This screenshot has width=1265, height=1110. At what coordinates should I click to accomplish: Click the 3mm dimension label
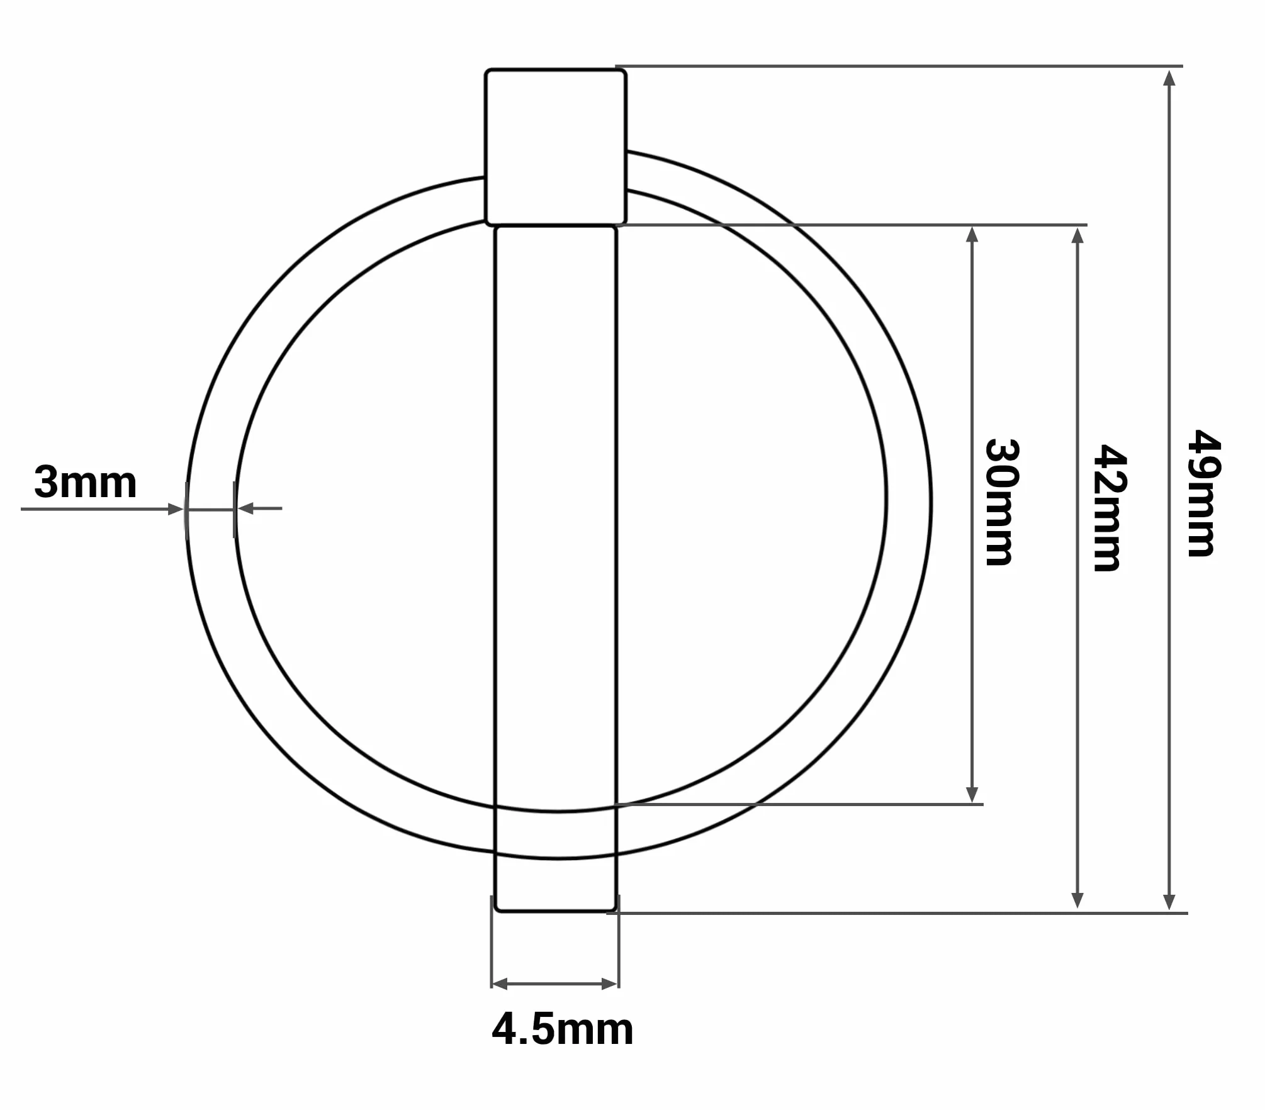(x=86, y=482)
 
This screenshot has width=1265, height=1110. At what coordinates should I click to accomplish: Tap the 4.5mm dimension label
(x=563, y=1029)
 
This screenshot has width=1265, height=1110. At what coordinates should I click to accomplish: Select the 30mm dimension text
(x=1002, y=502)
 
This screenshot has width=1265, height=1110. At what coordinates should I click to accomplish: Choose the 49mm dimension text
(x=1203, y=493)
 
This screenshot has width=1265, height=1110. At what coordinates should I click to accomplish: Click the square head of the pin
(x=556, y=147)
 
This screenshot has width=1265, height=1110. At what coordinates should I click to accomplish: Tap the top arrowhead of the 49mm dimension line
(x=1169, y=78)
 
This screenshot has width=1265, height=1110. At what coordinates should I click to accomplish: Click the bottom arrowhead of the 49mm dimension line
(x=1169, y=902)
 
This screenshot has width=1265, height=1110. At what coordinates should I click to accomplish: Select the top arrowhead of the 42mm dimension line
(x=1077, y=235)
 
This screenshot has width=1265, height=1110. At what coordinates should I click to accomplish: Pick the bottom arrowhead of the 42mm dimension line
(x=1077, y=900)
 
